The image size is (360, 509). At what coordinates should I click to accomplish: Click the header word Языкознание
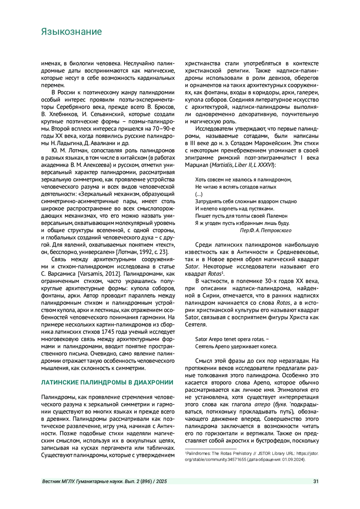coord(71,32)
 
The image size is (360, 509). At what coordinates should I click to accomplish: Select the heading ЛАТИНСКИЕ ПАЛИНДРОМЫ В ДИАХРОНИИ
coord(107,382)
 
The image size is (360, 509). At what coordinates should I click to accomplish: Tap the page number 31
coord(316,481)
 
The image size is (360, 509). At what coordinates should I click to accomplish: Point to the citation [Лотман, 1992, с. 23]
coord(142,252)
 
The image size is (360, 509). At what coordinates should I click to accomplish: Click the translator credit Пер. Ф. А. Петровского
coord(265,230)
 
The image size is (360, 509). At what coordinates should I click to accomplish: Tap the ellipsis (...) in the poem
coord(199,194)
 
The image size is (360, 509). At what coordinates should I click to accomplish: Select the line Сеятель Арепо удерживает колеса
coord(236,346)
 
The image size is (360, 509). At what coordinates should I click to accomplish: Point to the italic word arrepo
coord(262,404)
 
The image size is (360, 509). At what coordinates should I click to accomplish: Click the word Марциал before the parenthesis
coord(197,165)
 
